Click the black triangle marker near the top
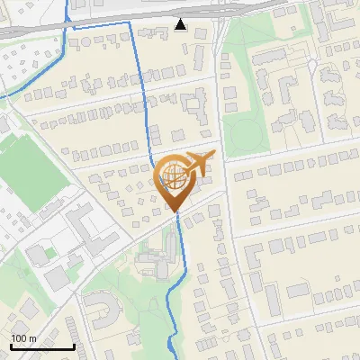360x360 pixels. [181, 24]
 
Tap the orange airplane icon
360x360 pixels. [199, 164]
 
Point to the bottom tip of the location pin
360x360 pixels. [175, 212]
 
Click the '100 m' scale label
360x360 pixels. [24, 337]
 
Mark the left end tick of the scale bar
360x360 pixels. [11, 346]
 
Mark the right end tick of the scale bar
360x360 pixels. [74, 346]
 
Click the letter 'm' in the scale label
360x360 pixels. [31, 337]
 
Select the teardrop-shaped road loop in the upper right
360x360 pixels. [310, 67]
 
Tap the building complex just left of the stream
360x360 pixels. [153, 261]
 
